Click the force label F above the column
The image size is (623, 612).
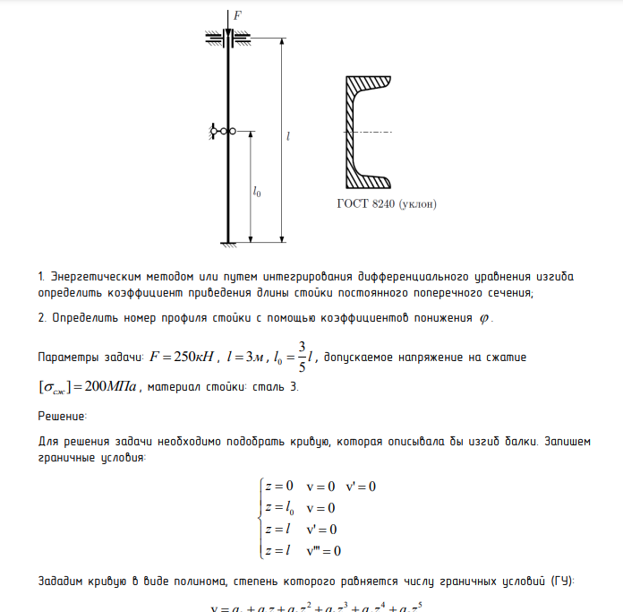click(x=237, y=14)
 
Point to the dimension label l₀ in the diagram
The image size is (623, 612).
click(x=257, y=191)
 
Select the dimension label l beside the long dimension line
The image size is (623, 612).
click(x=288, y=137)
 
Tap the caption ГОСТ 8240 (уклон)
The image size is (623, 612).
click(x=387, y=203)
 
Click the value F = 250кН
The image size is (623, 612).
click(x=183, y=358)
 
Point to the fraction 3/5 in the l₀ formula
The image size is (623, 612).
click(x=302, y=357)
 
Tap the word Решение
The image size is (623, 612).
click(x=62, y=416)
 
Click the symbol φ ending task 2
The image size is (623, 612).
click(x=485, y=319)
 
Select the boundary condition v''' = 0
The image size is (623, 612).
click(x=323, y=550)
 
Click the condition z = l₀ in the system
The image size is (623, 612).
click(x=280, y=507)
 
